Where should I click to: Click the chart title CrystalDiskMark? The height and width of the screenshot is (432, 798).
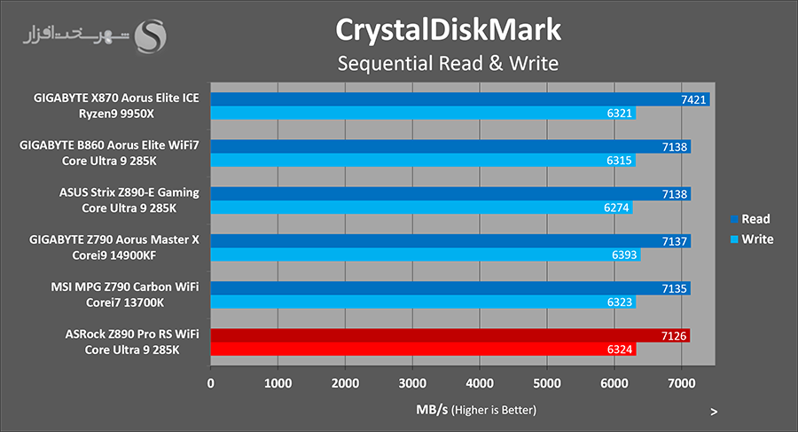coord(448,29)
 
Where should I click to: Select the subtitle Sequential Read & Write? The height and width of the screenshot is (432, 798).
coord(448,64)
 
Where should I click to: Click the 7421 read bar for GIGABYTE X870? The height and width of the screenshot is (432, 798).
coord(459,99)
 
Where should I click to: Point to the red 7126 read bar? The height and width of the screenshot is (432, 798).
coord(450,335)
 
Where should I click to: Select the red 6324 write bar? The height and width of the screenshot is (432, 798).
coord(423,350)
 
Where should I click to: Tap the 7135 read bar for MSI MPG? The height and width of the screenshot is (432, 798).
coord(450,288)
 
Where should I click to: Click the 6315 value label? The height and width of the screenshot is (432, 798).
coord(622,161)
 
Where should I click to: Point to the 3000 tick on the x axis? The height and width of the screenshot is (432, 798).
coord(412,383)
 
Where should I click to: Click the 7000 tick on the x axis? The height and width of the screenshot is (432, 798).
coord(681,383)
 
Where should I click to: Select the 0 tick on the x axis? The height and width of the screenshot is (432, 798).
coord(210,383)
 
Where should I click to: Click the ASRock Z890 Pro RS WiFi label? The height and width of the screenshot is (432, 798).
coord(131,334)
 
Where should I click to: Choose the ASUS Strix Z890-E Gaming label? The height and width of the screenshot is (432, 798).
coord(129,192)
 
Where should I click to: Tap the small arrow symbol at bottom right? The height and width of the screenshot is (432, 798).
coord(714,412)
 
